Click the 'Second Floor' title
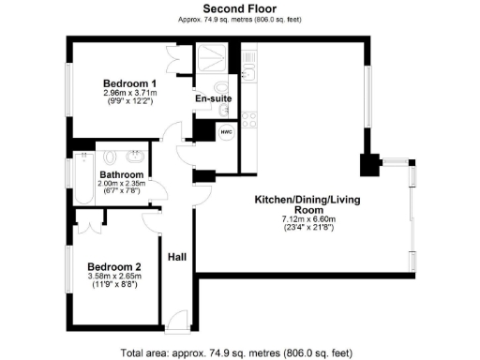[239, 8]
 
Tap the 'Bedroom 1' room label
[130, 83]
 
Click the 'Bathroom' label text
[122, 175]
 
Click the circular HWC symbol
[226, 132]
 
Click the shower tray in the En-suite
[213, 61]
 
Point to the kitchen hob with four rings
[249, 119]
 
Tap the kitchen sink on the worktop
[249, 68]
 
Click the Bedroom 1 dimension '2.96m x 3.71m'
[130, 93]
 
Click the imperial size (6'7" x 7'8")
[119, 191]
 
